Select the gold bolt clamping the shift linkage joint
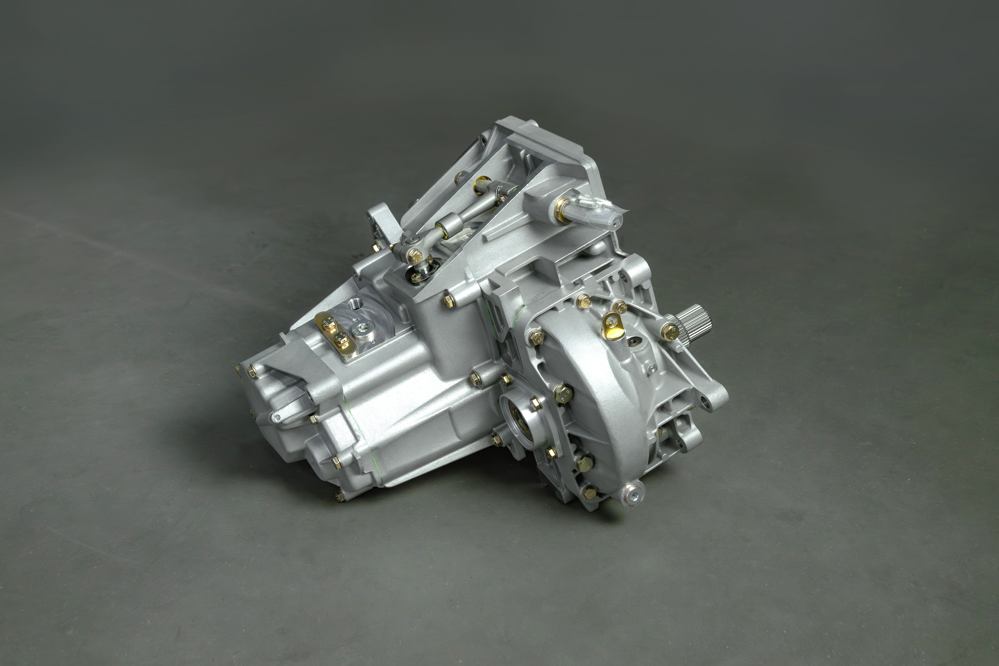[x=414, y=255]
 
